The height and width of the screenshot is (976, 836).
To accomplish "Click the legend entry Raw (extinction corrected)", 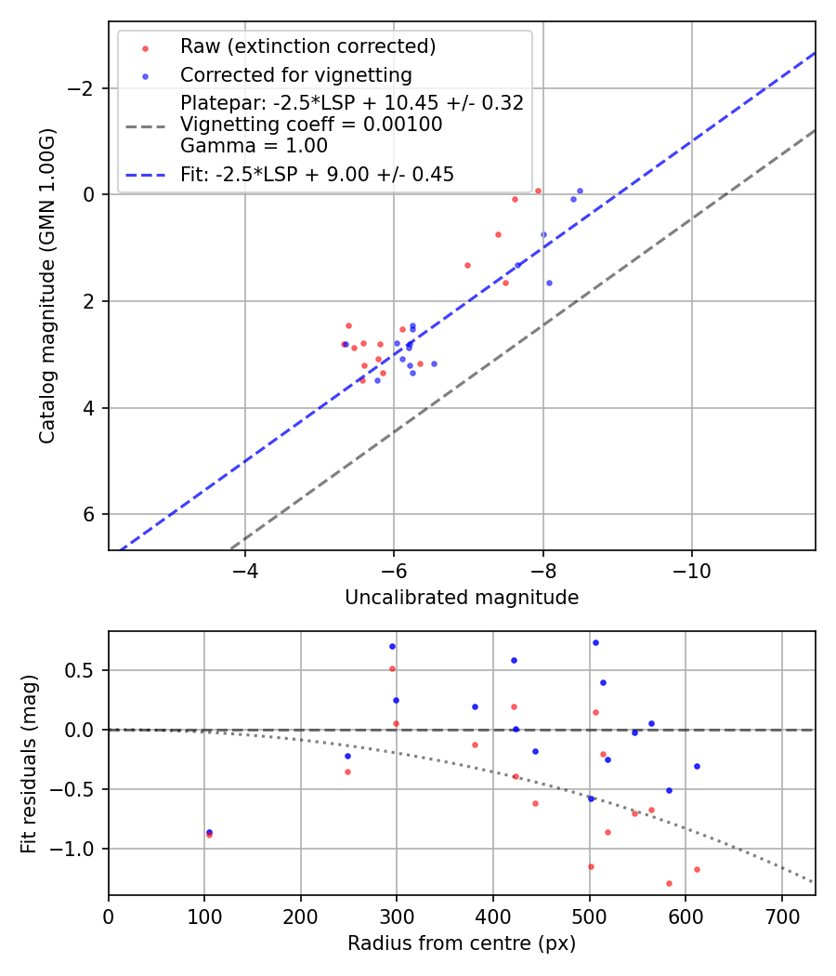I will click(x=307, y=46).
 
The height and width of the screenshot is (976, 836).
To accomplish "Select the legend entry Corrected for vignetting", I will click(x=295, y=74).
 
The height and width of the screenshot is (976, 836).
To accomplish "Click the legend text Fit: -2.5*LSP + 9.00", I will click(x=317, y=174).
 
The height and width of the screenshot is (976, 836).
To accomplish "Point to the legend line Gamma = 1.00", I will click(x=254, y=145).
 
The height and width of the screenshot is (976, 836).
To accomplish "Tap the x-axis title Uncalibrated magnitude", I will click(x=462, y=598).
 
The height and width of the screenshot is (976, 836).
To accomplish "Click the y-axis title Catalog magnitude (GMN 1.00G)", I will click(x=48, y=285).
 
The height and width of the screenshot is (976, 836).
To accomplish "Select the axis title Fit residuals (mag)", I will click(x=30, y=762).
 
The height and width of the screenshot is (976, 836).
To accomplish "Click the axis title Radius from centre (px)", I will click(x=462, y=943).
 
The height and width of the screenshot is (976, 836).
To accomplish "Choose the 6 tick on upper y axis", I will click(x=90, y=514).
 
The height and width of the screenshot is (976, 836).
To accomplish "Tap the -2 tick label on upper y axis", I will click(x=85, y=88).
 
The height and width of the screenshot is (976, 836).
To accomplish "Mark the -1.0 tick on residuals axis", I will click(x=82, y=849).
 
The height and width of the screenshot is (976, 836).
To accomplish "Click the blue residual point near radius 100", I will click(x=209, y=832).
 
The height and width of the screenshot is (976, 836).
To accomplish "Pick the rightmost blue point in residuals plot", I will click(x=697, y=766).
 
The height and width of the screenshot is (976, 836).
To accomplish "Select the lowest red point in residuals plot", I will click(x=669, y=883).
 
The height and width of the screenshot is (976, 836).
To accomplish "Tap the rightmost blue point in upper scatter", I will click(x=580, y=191).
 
